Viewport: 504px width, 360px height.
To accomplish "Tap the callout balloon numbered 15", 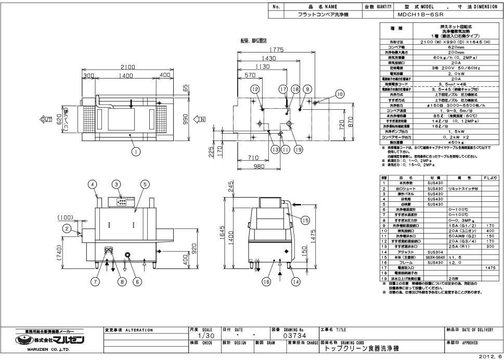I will pos(305,220).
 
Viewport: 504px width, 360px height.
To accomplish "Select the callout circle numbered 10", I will pos(340,94).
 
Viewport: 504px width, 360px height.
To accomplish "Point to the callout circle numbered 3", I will pos(117,184).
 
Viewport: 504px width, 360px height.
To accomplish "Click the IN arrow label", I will pos(201,120).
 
